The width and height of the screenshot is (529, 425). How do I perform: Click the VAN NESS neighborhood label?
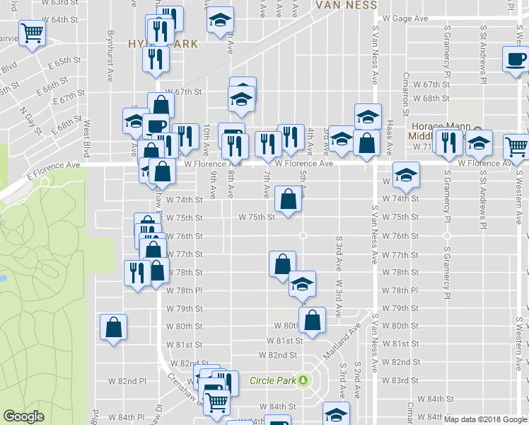point(347,5)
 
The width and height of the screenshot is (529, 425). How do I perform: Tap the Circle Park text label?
point(272,380)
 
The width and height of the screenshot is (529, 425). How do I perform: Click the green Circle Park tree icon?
point(303,380)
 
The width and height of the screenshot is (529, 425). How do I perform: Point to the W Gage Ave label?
point(405,18)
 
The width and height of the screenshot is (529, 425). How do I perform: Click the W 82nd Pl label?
point(127,380)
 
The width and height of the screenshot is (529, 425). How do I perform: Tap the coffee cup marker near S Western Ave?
point(515,60)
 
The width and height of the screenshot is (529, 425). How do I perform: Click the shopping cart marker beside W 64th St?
point(31,33)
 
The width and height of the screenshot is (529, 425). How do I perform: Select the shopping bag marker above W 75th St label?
point(288,199)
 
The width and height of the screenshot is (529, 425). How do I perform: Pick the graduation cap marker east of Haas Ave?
point(406,176)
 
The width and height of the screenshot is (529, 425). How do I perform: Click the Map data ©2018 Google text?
point(484,419)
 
